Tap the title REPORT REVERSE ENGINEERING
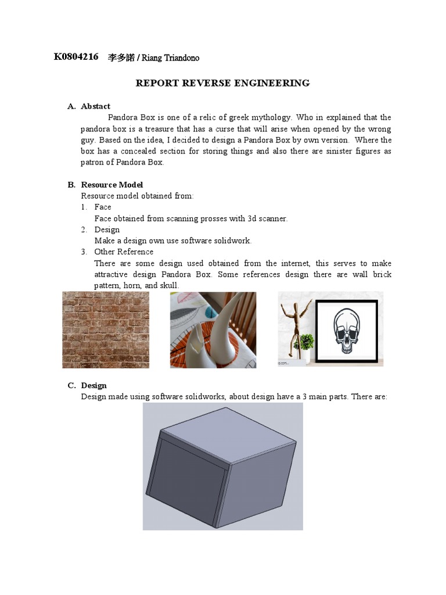click(222, 83)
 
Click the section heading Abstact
click(95, 106)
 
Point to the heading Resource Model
click(112, 185)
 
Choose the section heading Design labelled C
click(93, 385)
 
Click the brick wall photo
click(105, 329)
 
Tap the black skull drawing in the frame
click(347, 329)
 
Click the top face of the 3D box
click(226, 433)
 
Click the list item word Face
click(103, 207)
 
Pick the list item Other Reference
click(124, 252)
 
